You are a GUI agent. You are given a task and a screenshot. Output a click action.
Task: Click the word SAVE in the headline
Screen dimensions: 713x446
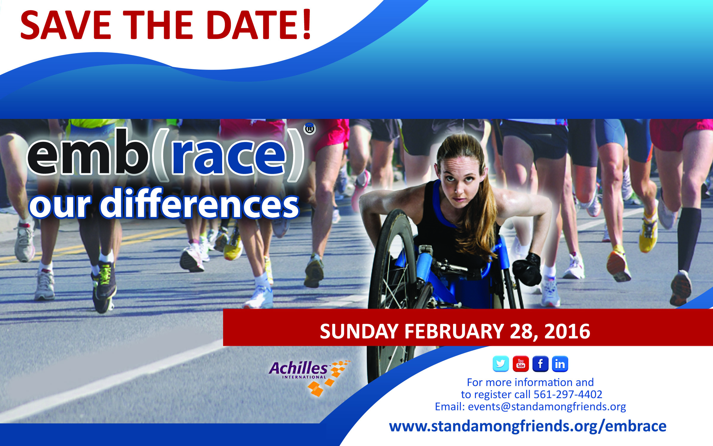click(66, 25)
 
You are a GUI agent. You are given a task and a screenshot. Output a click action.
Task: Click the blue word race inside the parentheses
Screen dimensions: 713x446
click(229, 156)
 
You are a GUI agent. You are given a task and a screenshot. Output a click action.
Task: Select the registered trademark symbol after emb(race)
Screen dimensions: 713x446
click(310, 129)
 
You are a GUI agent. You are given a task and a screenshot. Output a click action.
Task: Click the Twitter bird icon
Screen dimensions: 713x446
click(501, 364)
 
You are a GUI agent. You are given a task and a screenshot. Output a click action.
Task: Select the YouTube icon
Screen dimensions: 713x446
click(520, 364)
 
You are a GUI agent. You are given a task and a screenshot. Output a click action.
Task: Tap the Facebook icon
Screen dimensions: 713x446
click(540, 364)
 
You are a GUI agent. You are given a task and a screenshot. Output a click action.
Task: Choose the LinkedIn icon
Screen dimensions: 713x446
click(560, 364)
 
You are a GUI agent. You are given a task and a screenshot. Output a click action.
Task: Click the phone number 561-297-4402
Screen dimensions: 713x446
click(568, 395)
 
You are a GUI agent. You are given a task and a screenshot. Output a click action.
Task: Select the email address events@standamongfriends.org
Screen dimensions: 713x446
click(547, 406)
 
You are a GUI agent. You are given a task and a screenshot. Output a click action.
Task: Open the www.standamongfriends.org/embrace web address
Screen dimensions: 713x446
click(528, 426)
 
